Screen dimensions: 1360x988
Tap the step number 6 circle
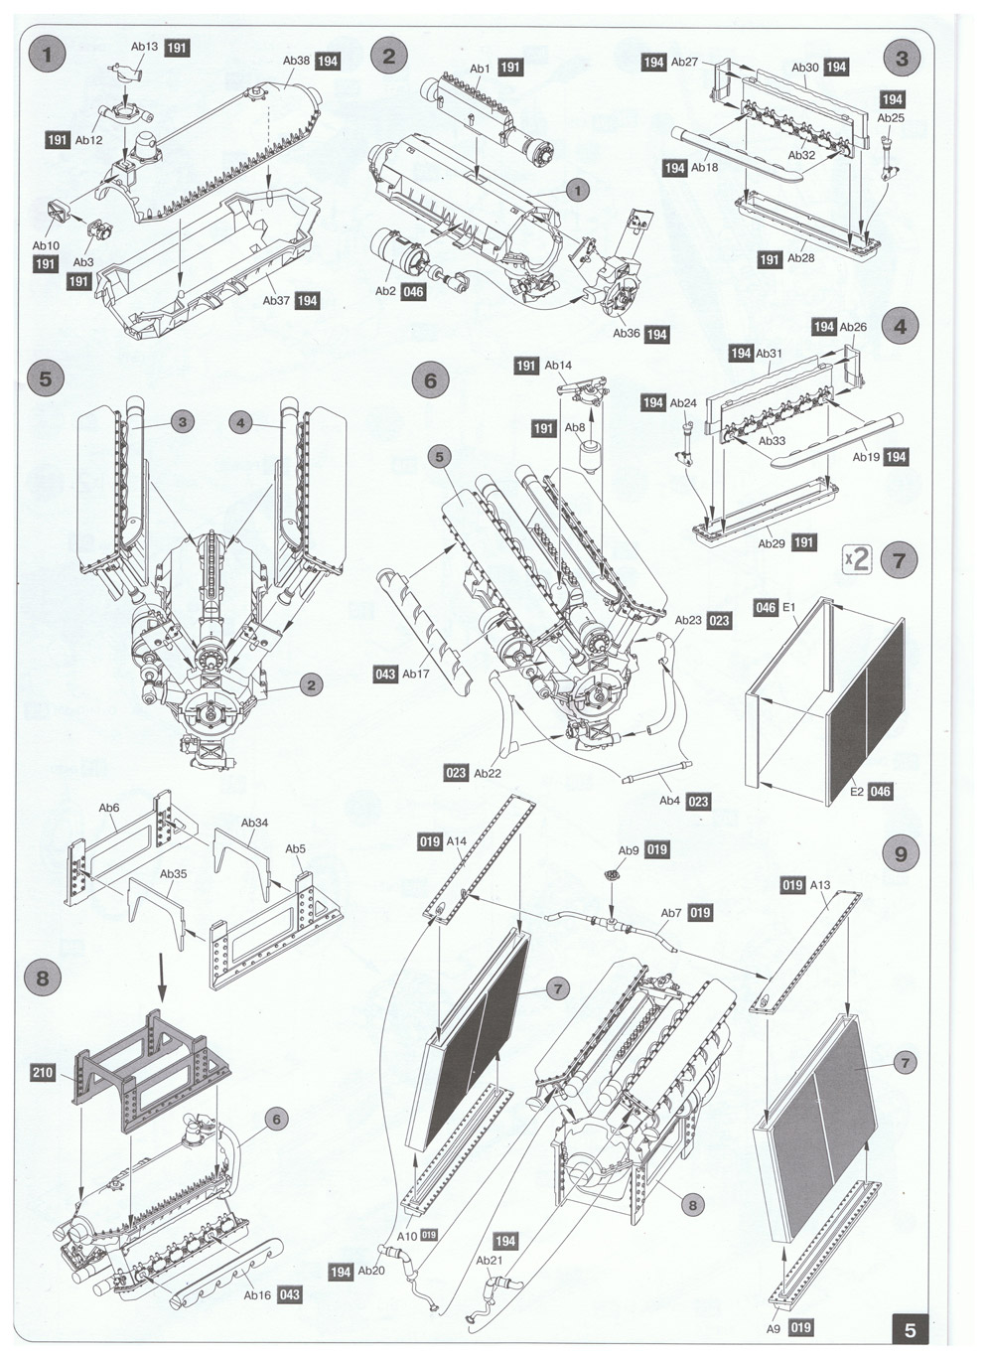tap(430, 380)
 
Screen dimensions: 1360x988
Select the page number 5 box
tap(910, 1329)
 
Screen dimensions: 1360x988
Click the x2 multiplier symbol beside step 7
tap(857, 558)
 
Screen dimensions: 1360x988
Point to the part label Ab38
tap(296, 61)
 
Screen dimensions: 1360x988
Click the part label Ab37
tap(277, 300)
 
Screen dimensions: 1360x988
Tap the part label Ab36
tap(627, 334)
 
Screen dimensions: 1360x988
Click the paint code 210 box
tap(44, 1073)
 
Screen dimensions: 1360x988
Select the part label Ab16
tap(257, 1294)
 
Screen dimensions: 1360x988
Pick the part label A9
tap(774, 1326)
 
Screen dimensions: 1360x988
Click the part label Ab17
tap(416, 675)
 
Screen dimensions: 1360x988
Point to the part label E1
tap(790, 607)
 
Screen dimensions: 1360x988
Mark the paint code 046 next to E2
tap(880, 792)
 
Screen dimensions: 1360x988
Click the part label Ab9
tap(630, 850)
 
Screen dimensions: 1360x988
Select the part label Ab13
tap(144, 47)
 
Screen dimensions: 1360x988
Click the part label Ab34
tap(255, 824)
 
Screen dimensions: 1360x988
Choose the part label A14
tap(457, 841)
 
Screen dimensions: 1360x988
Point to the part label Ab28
tap(800, 258)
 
